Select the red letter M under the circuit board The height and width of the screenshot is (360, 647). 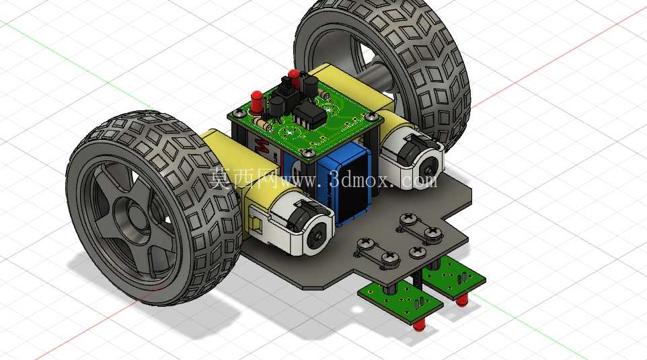261,145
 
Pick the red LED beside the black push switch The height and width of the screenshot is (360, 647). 294,79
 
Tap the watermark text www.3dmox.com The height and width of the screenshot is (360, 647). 358,180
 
